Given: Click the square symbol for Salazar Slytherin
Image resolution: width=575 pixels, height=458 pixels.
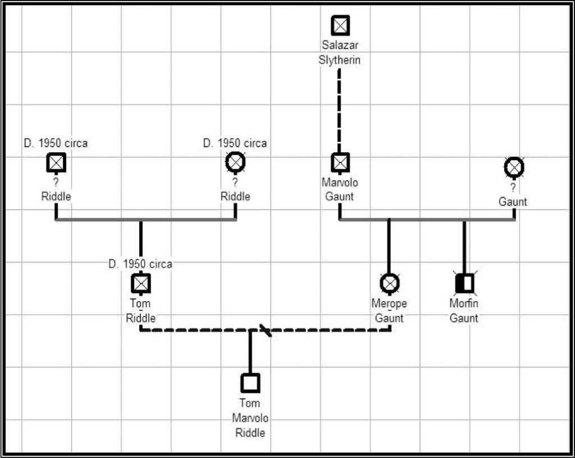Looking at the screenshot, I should click(x=340, y=25).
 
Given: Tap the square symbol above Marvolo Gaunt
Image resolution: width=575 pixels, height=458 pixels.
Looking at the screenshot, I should click(x=340, y=163).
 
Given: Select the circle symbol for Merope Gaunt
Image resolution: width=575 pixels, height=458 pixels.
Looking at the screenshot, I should click(x=389, y=283).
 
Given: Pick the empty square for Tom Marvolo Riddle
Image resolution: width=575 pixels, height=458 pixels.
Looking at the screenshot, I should click(x=250, y=383).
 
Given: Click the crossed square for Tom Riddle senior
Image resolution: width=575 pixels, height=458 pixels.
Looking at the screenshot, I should click(x=140, y=283).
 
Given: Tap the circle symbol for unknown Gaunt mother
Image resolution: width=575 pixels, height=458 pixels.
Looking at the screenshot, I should click(x=514, y=167).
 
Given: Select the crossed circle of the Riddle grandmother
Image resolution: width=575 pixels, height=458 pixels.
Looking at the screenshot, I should click(x=235, y=162).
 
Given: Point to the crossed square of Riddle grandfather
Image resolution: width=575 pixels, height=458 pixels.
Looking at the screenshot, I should click(x=56, y=163).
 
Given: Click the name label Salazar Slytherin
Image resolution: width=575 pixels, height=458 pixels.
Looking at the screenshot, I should click(x=340, y=52).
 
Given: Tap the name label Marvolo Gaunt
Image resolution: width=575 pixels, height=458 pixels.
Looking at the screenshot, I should click(x=340, y=189).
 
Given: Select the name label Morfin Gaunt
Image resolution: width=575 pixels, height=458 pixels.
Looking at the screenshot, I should click(x=464, y=311).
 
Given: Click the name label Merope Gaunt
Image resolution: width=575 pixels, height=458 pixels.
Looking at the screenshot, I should click(x=389, y=311).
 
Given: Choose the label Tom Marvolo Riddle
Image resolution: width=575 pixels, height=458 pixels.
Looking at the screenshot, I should click(x=250, y=418).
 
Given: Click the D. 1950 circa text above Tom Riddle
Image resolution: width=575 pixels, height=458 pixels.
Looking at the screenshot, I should click(x=140, y=264).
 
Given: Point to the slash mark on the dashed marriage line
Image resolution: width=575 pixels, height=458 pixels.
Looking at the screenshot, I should click(x=265, y=330).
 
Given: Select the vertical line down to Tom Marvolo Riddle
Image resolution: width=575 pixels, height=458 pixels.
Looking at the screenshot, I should click(x=250, y=351).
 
